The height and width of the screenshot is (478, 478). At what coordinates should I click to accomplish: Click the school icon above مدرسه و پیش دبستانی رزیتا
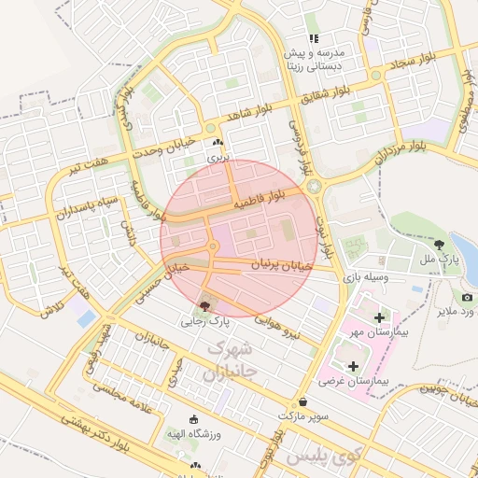coord(315,38)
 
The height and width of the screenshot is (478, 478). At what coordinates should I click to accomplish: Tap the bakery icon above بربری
coord(218,143)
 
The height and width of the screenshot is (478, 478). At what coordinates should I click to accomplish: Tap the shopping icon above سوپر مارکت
coord(304,401)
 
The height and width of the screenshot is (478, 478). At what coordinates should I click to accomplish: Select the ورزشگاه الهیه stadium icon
coord(194,419)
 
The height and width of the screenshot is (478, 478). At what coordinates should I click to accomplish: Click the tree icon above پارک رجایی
coord(205,305)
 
